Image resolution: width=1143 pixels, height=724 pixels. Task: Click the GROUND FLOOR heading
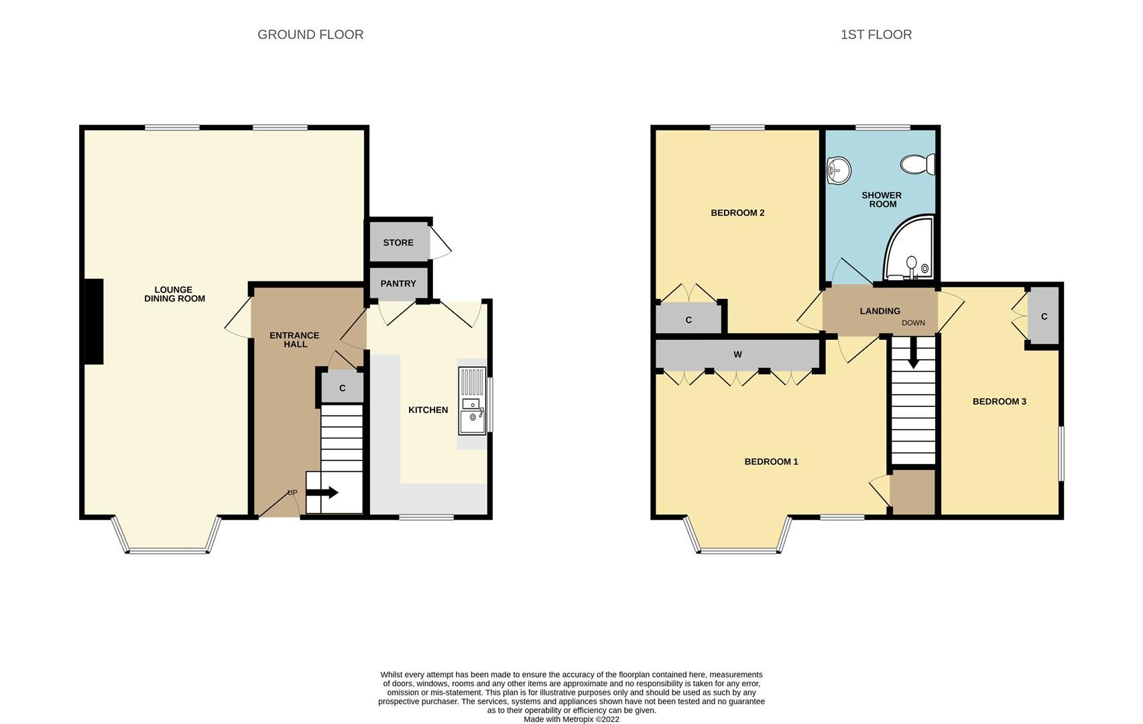(310, 35)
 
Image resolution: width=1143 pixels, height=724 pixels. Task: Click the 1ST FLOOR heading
(876, 35)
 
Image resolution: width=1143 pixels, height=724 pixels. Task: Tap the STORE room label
(398, 243)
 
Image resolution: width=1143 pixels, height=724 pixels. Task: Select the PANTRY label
(398, 284)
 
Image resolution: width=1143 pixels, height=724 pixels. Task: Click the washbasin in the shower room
(838, 170)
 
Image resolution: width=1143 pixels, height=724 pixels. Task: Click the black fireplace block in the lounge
(93, 322)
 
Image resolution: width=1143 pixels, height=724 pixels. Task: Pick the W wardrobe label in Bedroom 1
(737, 355)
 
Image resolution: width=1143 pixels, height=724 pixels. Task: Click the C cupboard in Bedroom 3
(1044, 316)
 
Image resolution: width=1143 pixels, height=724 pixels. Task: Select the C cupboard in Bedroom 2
(688, 320)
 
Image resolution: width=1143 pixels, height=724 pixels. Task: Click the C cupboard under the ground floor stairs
(342, 388)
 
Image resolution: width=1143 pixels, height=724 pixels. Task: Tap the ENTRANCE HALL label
(294, 340)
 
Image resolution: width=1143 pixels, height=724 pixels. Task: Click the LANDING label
(880, 311)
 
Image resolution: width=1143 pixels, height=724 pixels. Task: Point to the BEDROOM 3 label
(999, 402)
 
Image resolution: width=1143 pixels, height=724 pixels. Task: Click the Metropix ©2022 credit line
(571, 719)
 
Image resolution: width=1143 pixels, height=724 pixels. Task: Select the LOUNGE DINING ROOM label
(174, 294)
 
